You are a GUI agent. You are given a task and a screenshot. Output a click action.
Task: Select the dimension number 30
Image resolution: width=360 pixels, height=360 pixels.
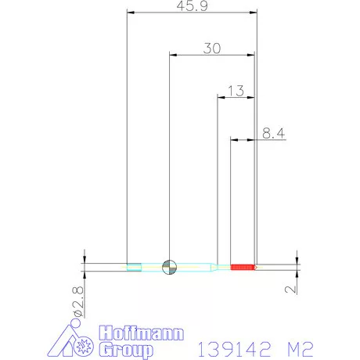tap(211, 48)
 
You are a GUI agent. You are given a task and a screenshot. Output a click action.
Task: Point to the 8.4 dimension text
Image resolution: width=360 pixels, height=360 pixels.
tap(272, 134)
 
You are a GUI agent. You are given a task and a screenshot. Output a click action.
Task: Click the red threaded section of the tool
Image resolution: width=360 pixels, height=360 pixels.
tap(244, 267)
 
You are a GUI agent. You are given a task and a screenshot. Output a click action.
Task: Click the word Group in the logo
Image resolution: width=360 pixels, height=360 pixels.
tap(130, 348)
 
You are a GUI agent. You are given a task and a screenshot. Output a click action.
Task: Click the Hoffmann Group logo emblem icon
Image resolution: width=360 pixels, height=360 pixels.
tap(77, 340)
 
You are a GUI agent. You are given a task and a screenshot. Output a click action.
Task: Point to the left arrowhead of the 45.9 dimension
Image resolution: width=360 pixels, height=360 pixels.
tap(130, 13)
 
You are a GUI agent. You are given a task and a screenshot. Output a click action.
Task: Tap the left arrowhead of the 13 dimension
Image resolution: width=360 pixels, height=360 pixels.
tap(221, 97)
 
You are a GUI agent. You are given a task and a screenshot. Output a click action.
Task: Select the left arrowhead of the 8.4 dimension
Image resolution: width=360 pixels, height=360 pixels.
tap(233, 140)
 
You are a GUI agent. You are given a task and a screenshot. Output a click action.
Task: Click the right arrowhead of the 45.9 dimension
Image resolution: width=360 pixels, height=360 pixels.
tap(253, 13)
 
